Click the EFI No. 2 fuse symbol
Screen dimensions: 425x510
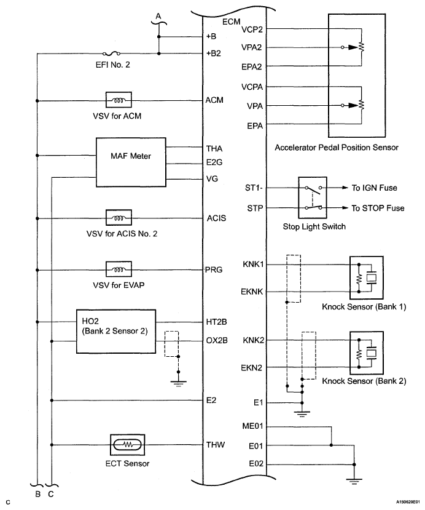pyautogui.click(x=111, y=54)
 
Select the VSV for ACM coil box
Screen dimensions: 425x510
pyautogui.click(x=119, y=100)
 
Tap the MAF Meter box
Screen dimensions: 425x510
pyautogui.click(x=131, y=162)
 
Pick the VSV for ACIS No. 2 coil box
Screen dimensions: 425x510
pyautogui.click(x=119, y=218)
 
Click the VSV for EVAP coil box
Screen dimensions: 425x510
pyautogui.click(x=119, y=269)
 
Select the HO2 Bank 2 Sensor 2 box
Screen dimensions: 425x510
pyautogui.click(x=116, y=332)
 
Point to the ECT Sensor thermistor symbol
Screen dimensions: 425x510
pyautogui.click(x=127, y=445)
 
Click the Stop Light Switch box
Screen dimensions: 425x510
pyautogui.click(x=313, y=197)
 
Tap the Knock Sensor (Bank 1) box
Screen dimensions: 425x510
pyautogui.click(x=366, y=278)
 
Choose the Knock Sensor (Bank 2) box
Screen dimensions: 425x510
pyautogui.click(x=366, y=353)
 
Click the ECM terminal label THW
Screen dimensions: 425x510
pyautogui.click(x=215, y=445)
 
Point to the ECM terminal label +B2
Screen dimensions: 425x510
pyautogui.click(x=213, y=54)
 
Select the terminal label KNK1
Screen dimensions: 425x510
pyautogui.click(x=253, y=264)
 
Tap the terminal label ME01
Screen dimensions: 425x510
pyautogui.click(x=252, y=426)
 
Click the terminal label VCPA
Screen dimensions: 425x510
pyautogui.click(x=252, y=87)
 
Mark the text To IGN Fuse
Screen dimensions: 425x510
pyautogui.click(x=375, y=188)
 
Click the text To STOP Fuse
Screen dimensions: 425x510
pyautogui.click(x=378, y=208)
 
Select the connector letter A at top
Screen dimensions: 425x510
pyautogui.click(x=158, y=16)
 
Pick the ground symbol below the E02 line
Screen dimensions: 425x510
pyautogui.click(x=354, y=480)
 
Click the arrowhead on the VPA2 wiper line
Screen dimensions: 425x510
pyautogui.click(x=353, y=47)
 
